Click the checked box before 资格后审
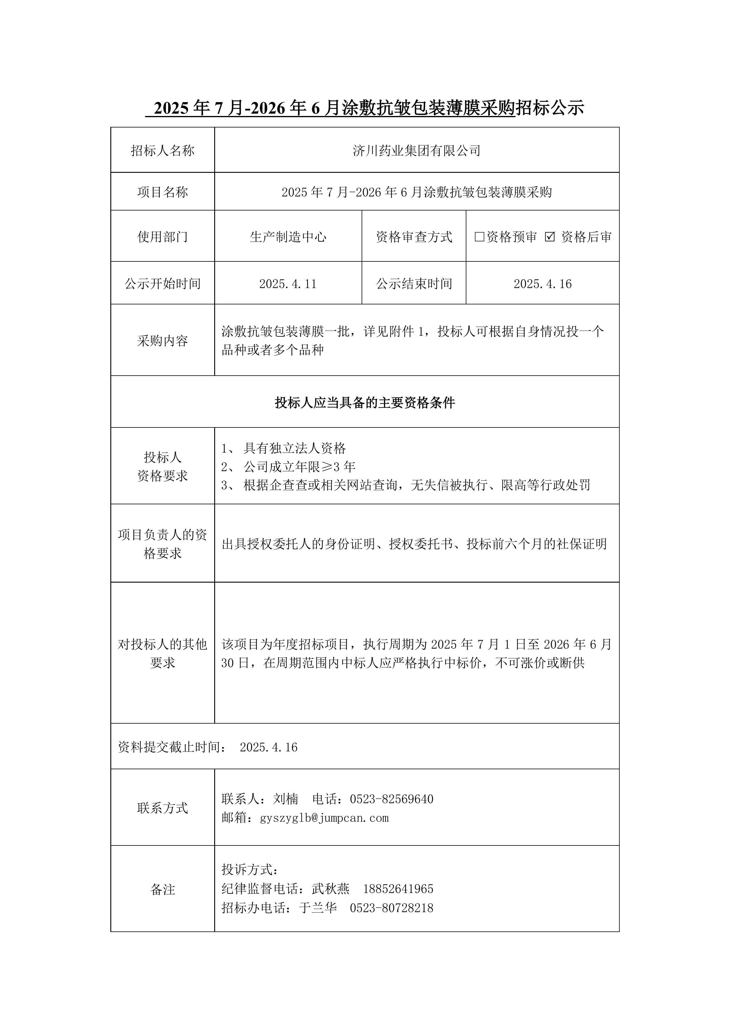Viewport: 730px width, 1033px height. click(x=550, y=237)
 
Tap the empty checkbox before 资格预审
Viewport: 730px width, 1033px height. click(x=480, y=237)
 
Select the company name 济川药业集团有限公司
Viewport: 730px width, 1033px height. click(x=417, y=151)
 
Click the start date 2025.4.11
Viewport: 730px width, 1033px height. click(x=288, y=284)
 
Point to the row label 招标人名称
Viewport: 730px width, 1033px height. click(x=162, y=151)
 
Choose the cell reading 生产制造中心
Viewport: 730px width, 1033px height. click(x=288, y=237)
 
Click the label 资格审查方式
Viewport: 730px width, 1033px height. click(x=414, y=237)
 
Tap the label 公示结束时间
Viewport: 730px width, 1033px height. click(x=414, y=284)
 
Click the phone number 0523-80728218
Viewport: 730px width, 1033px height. click(x=391, y=908)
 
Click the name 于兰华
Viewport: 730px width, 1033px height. click(x=318, y=908)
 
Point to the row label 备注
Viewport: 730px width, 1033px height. click(x=162, y=889)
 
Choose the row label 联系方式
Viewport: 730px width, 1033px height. click(x=162, y=808)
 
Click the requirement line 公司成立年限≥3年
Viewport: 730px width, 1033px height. click(x=299, y=467)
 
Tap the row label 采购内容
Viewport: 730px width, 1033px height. click(x=162, y=341)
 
